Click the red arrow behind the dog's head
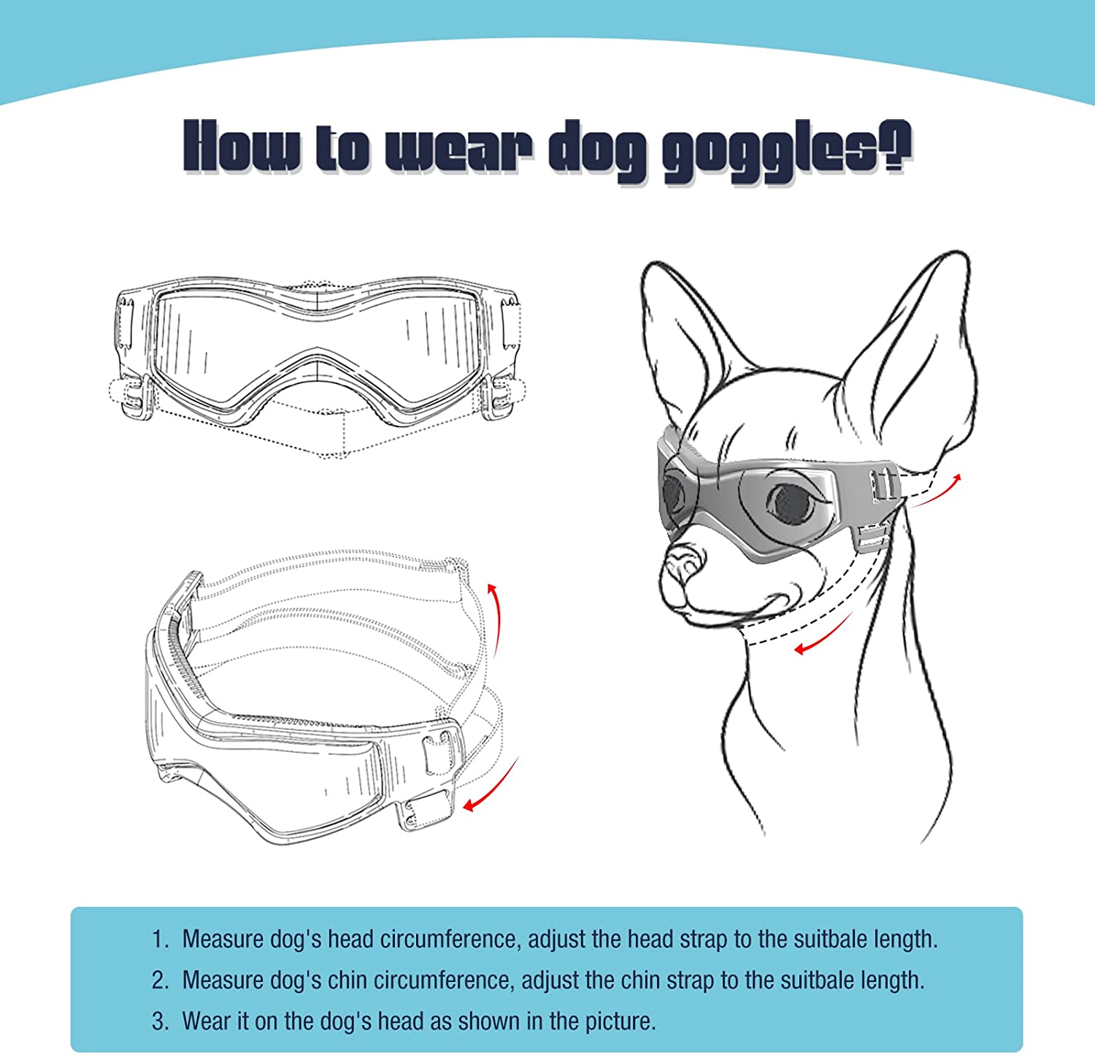tap(938, 489)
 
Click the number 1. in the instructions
tap(161, 939)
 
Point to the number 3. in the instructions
tap(161, 1021)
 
